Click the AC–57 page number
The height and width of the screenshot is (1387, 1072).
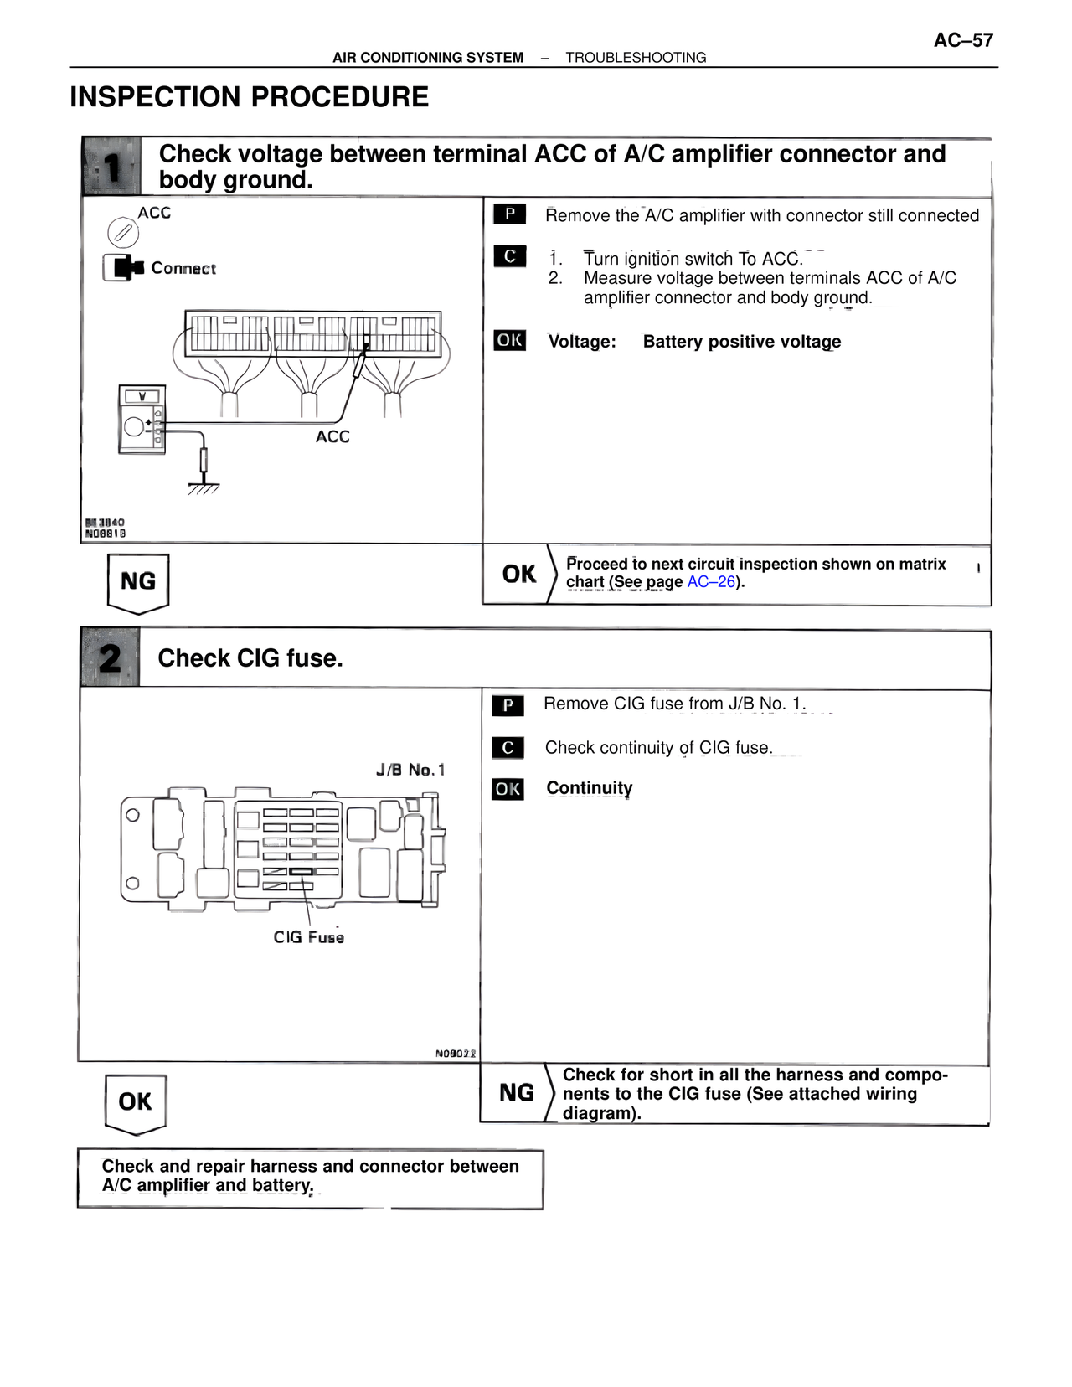pyautogui.click(x=963, y=40)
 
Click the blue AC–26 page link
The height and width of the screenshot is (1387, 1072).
pyautogui.click(x=711, y=581)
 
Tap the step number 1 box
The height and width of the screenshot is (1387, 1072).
pyautogui.click(x=111, y=166)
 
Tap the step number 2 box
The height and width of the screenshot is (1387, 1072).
pyautogui.click(x=110, y=657)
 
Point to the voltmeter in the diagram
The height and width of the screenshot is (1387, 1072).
pyautogui.click(x=142, y=420)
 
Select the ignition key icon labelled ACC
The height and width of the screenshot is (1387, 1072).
pyautogui.click(x=123, y=232)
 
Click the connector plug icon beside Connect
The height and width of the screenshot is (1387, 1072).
pyautogui.click(x=123, y=267)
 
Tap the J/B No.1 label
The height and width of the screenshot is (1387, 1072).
pyautogui.click(x=410, y=770)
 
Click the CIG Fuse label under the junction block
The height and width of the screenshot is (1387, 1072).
pyautogui.click(x=309, y=937)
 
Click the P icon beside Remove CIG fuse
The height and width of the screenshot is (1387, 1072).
pyautogui.click(x=508, y=705)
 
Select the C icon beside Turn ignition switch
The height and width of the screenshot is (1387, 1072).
pyautogui.click(x=510, y=256)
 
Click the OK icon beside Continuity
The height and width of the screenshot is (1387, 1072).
pyautogui.click(x=508, y=789)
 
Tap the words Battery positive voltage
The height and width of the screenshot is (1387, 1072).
pyautogui.click(x=742, y=342)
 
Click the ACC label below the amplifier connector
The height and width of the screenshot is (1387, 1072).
pyautogui.click(x=332, y=436)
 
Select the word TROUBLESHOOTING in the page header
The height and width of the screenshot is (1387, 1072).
pyautogui.click(x=636, y=58)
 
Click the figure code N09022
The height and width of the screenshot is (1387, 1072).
pyautogui.click(x=456, y=1053)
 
